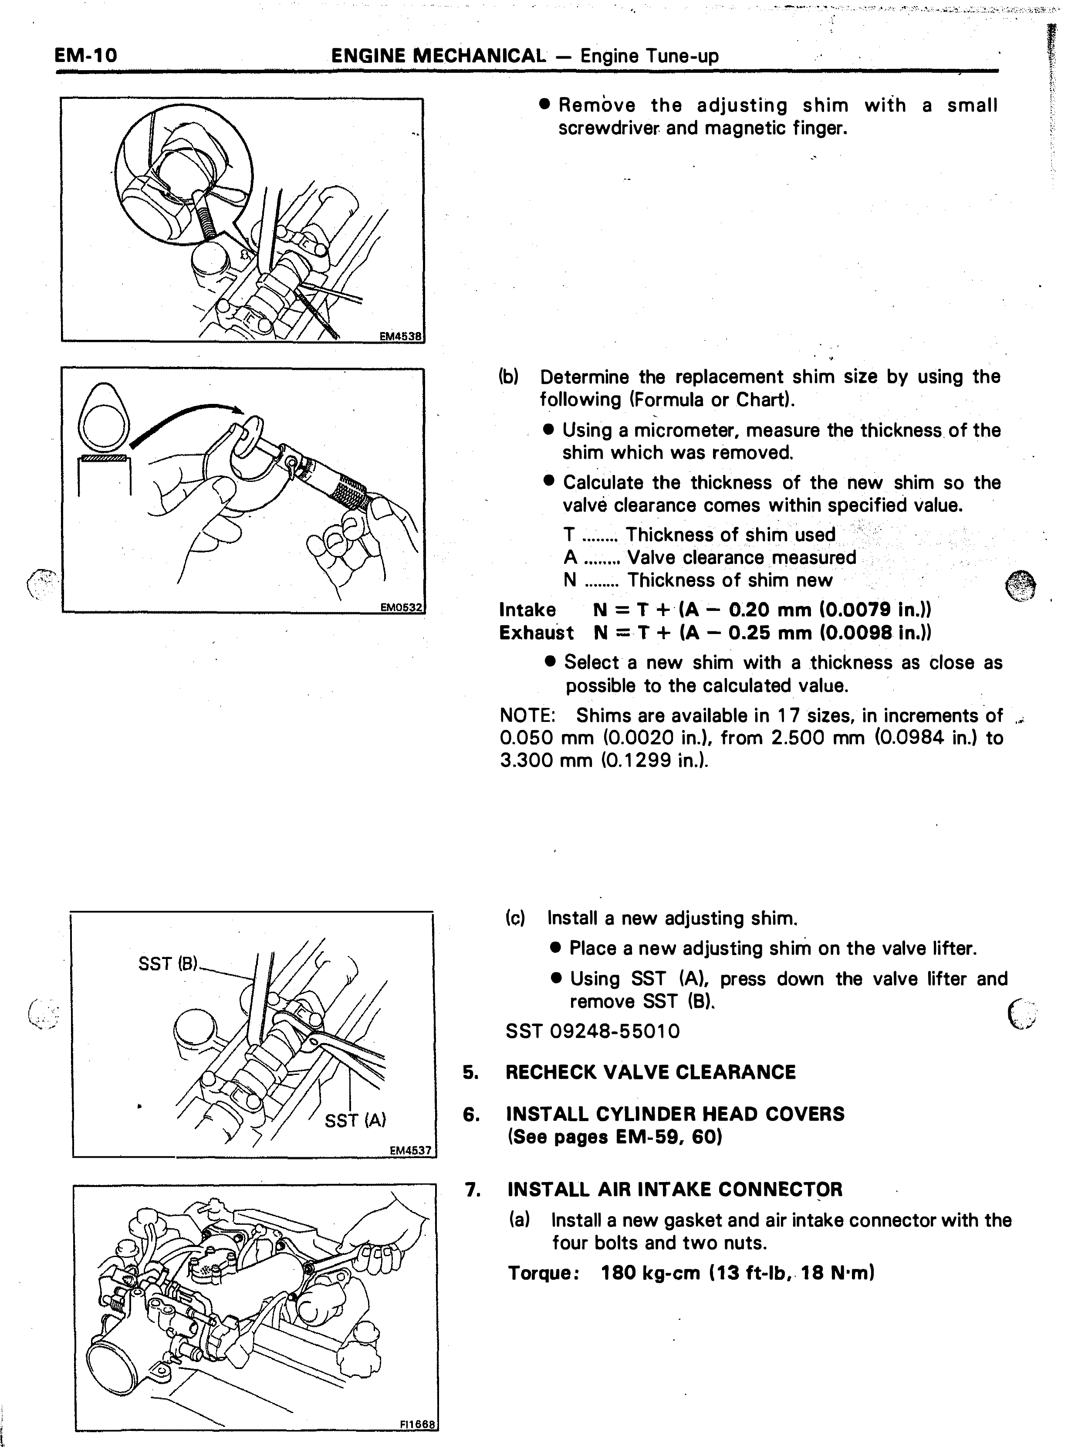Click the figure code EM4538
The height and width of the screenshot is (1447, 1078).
401,337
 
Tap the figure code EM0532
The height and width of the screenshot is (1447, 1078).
401,607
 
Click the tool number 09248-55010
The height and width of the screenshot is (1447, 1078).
615,1031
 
